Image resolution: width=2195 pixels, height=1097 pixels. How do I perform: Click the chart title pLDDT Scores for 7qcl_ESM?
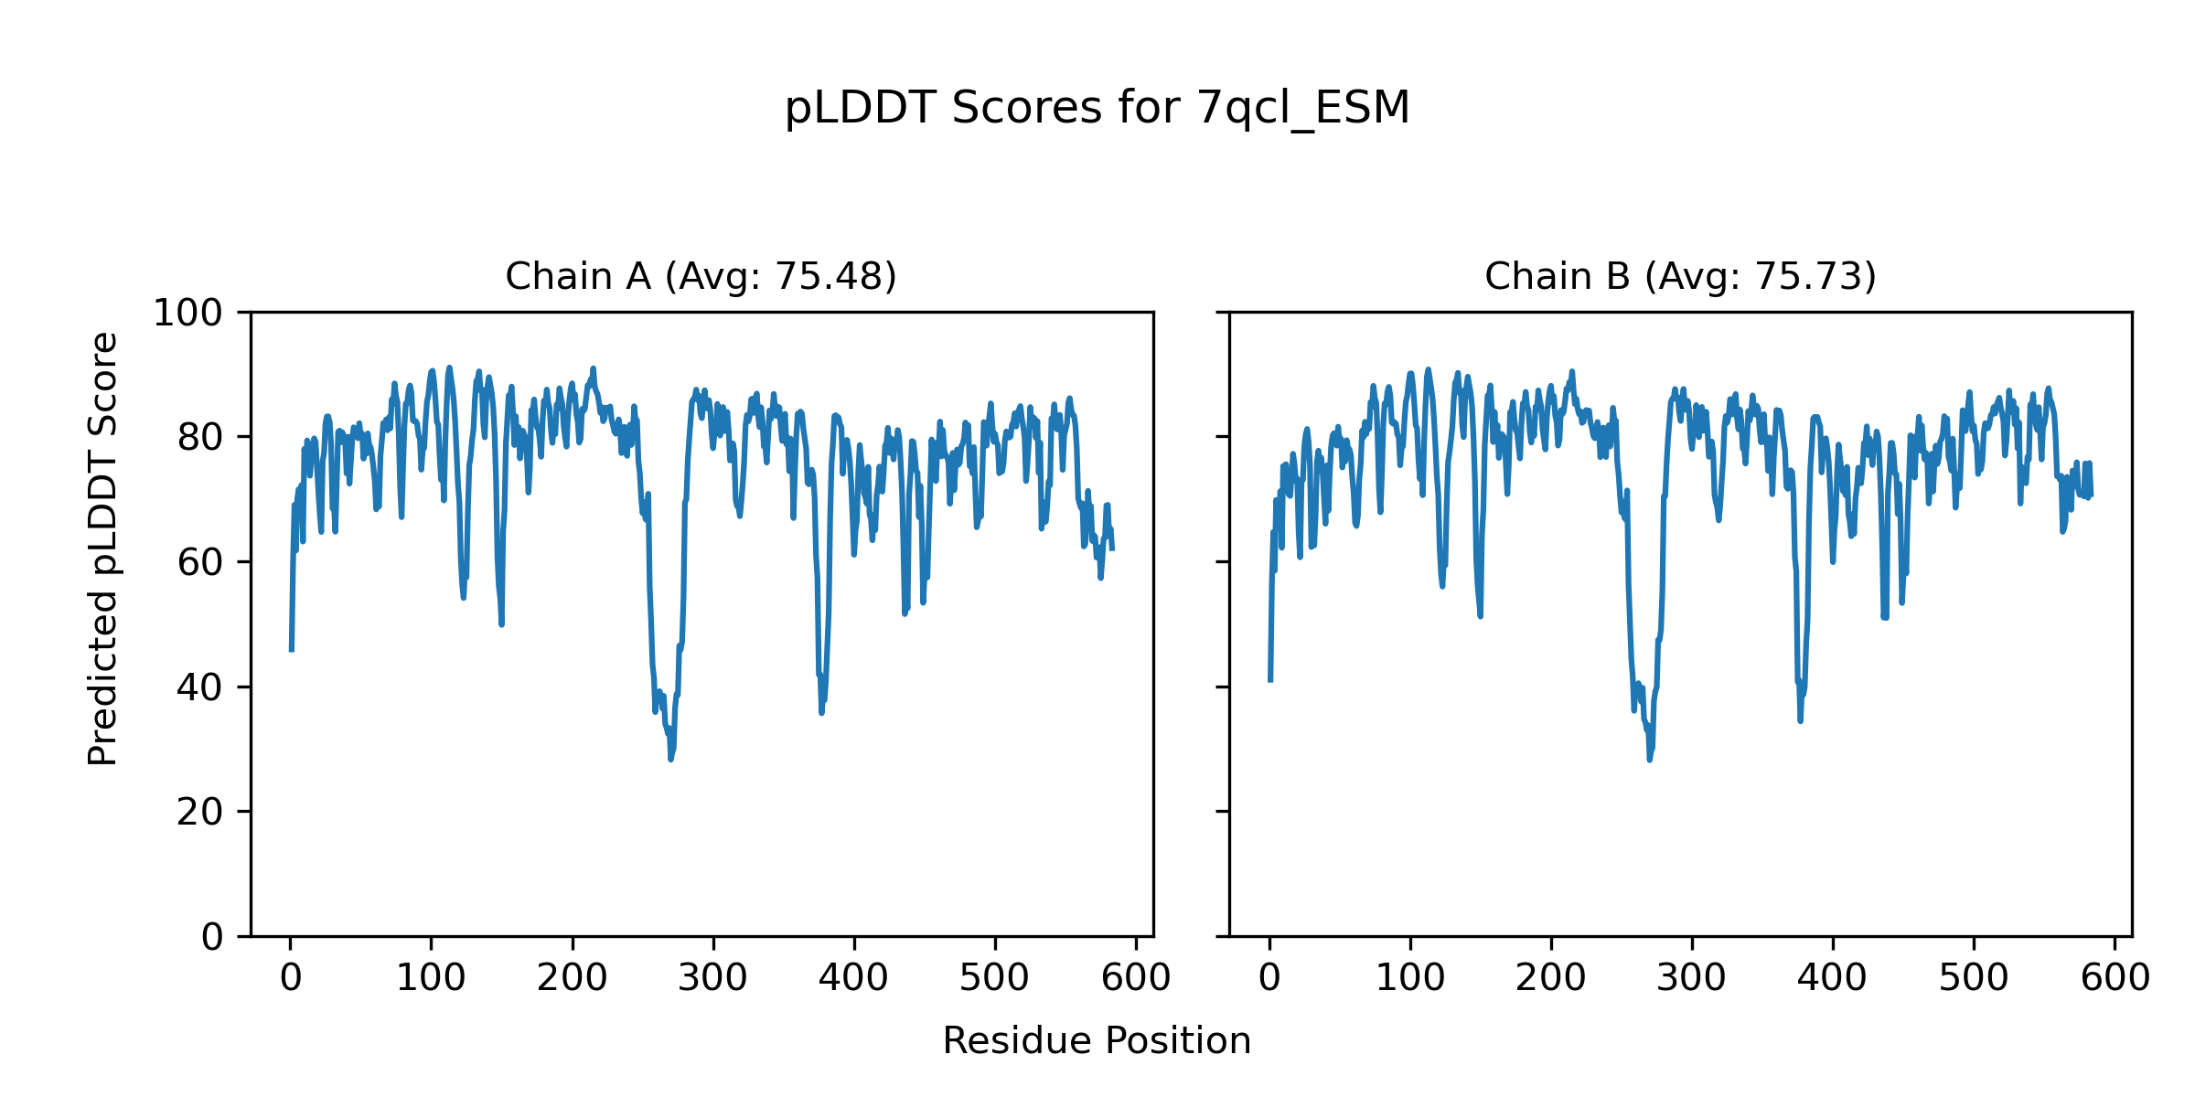(1097, 108)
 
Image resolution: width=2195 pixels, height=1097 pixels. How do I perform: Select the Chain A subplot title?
(701, 276)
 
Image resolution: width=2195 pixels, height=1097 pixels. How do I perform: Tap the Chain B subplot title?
(1679, 276)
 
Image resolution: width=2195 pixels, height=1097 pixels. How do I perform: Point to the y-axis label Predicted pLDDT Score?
(102, 548)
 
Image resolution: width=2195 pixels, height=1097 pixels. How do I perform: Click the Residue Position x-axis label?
(1097, 1041)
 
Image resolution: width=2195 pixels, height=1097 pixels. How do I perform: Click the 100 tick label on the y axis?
(187, 314)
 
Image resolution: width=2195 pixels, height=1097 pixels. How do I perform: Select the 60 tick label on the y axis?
(199, 562)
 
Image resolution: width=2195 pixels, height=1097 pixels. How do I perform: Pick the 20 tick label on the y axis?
(199, 812)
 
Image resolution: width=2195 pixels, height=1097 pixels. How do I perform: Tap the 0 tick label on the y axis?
(211, 937)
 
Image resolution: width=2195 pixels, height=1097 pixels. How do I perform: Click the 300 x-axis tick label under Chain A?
(712, 979)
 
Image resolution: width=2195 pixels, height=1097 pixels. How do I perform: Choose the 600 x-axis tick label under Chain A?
(1136, 979)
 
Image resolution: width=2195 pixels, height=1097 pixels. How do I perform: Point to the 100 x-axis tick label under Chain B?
(1410, 979)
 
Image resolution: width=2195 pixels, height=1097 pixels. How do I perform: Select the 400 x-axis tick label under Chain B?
(1833, 979)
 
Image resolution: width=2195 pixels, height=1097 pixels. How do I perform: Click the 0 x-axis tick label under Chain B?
(1269, 979)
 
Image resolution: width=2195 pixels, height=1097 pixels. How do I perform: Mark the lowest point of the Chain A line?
(670, 759)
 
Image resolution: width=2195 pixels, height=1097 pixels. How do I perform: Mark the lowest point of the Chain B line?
(1650, 759)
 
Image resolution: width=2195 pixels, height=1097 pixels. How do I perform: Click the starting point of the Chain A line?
(291, 650)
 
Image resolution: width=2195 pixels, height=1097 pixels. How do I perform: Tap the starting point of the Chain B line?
(1269, 680)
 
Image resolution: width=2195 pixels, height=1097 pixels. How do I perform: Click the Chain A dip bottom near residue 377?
(821, 712)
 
